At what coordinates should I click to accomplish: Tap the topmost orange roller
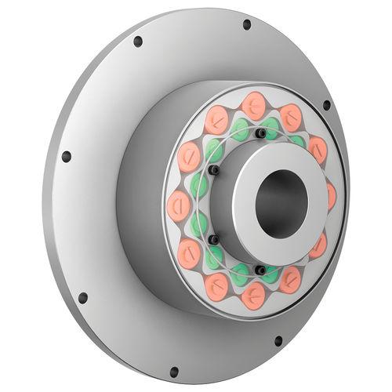point(253,105)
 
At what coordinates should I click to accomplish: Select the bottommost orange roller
point(253,296)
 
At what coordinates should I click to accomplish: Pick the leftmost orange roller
point(179,206)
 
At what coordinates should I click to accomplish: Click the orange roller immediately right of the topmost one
point(291,118)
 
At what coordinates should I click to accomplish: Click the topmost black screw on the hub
point(260,133)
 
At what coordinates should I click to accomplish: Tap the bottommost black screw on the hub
point(260,270)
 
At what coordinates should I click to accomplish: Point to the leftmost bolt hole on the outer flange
point(66,157)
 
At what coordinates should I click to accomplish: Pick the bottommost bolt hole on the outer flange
point(173,371)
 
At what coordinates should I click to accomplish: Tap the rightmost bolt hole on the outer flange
point(326,105)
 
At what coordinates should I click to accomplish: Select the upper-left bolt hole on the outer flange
point(138,41)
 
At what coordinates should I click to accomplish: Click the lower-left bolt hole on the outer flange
point(82,298)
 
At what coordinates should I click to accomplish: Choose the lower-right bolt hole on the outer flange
point(278,341)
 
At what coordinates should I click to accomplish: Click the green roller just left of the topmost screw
point(241,129)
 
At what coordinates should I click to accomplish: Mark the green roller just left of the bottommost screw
point(241,274)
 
